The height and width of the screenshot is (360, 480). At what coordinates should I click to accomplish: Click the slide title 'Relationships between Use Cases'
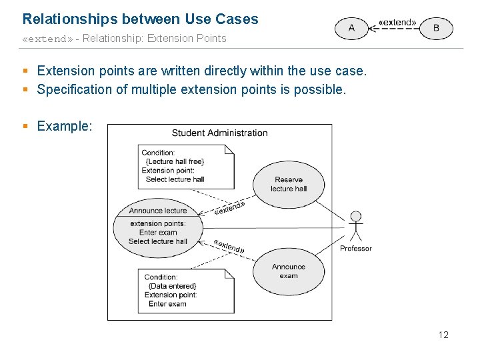pyautogui.click(x=140, y=19)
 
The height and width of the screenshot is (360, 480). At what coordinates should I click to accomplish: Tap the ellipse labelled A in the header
pyautogui.click(x=351, y=28)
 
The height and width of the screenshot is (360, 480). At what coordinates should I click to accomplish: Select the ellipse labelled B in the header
pyautogui.click(x=436, y=28)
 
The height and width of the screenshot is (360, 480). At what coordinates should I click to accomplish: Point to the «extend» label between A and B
pyautogui.click(x=397, y=22)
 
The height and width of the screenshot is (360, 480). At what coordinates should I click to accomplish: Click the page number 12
pyautogui.click(x=443, y=335)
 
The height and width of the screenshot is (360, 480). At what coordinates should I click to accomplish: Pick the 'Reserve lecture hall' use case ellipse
pyautogui.click(x=289, y=184)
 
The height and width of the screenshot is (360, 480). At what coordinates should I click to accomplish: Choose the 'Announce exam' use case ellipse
pyautogui.click(x=289, y=271)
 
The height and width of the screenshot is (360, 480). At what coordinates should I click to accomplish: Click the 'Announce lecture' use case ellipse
pyautogui.click(x=158, y=227)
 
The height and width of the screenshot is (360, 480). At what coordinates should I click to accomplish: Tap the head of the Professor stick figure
pyautogui.click(x=356, y=217)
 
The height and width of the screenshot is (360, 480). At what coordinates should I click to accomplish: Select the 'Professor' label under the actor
pyautogui.click(x=356, y=249)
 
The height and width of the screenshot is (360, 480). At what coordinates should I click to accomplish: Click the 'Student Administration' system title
pyautogui.click(x=219, y=133)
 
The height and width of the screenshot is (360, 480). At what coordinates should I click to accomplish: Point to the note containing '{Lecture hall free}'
pyautogui.click(x=187, y=166)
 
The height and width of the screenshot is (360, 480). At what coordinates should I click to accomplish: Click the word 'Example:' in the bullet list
pyautogui.click(x=65, y=126)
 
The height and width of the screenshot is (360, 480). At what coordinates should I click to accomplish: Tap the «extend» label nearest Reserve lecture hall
pyautogui.click(x=230, y=209)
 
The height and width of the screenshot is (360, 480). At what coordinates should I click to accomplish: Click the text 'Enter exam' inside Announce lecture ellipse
pyautogui.click(x=158, y=233)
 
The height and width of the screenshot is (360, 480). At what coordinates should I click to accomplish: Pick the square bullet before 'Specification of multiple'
pyautogui.click(x=25, y=89)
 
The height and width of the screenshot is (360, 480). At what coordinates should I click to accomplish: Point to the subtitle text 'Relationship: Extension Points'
pyautogui.click(x=155, y=39)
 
